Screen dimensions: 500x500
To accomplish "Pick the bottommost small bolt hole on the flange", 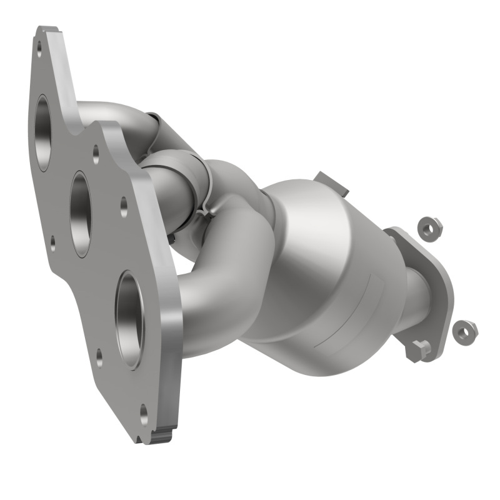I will [x=144, y=412].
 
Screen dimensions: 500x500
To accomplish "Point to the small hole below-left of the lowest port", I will [x=99, y=358].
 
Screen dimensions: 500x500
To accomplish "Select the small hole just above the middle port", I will [x=96, y=152].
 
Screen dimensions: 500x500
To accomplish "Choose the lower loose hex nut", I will [x=464, y=331].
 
